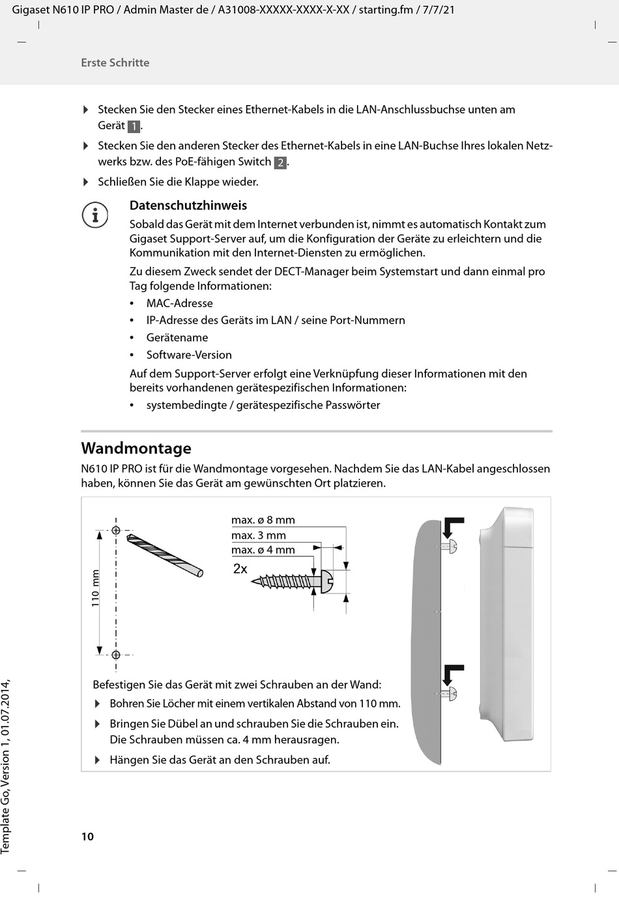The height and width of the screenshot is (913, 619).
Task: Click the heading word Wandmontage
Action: click(136, 449)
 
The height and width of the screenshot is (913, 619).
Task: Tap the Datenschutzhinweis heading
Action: click(188, 205)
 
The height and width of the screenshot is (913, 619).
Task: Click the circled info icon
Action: click(95, 215)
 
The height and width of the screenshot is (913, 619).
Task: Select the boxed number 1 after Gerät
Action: click(134, 127)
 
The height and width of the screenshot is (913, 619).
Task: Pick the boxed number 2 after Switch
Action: click(280, 162)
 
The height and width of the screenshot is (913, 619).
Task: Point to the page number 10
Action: click(87, 837)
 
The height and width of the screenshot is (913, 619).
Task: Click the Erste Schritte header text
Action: click(115, 63)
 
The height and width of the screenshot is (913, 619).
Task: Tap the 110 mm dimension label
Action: click(95, 589)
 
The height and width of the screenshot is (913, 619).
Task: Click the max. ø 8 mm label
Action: click(263, 520)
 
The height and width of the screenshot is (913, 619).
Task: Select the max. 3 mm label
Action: click(259, 535)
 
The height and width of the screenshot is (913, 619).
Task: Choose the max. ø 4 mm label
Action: click(263, 550)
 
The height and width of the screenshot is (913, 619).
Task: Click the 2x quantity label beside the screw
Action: click(240, 569)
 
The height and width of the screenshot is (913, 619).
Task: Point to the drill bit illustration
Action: click(165, 555)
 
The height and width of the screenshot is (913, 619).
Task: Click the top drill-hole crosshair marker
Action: click(116, 530)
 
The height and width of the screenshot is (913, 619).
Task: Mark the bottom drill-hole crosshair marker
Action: click(116, 655)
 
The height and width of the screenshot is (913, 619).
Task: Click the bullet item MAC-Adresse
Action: click(179, 303)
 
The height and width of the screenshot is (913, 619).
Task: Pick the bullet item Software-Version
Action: click(189, 355)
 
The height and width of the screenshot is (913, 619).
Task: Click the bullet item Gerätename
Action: click(177, 338)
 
